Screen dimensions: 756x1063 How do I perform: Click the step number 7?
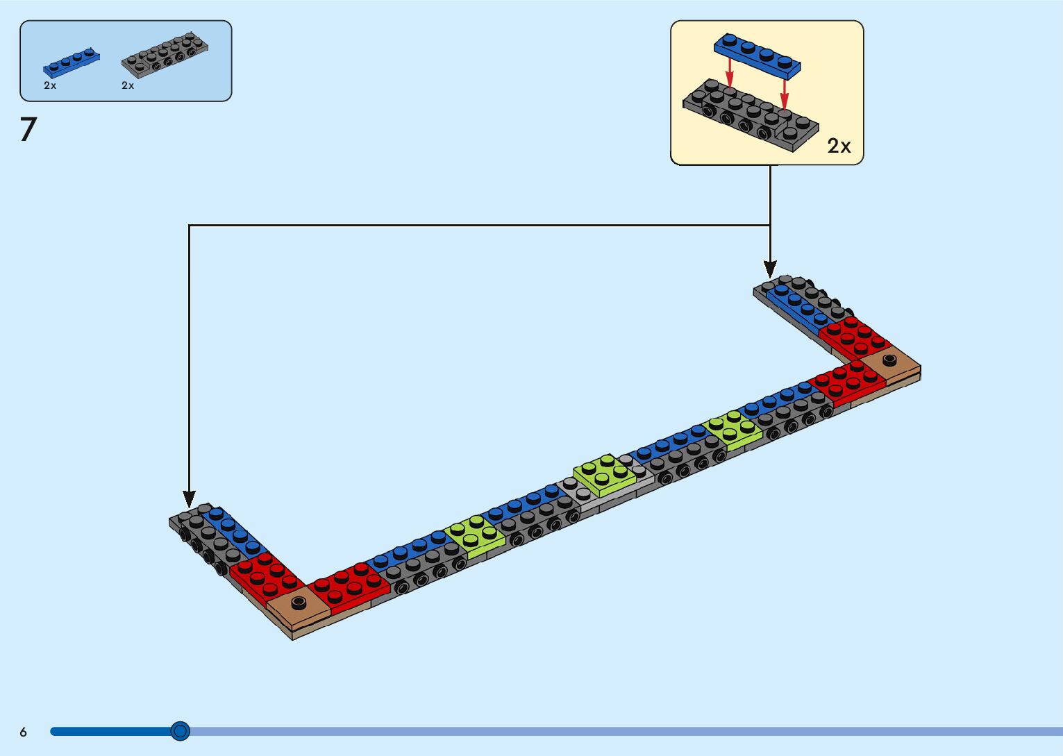(x=28, y=130)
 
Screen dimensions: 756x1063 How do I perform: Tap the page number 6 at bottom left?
(x=23, y=732)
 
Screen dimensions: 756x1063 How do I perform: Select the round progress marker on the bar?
(x=180, y=730)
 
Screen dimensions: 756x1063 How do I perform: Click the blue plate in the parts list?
(x=71, y=62)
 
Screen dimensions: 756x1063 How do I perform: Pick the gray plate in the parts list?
(x=165, y=54)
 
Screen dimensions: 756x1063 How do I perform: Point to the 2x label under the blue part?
(x=50, y=85)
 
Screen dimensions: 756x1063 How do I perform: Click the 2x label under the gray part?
(x=128, y=85)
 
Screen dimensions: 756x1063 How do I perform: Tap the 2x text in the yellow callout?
(x=839, y=146)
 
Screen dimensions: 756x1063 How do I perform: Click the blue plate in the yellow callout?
(x=757, y=54)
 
